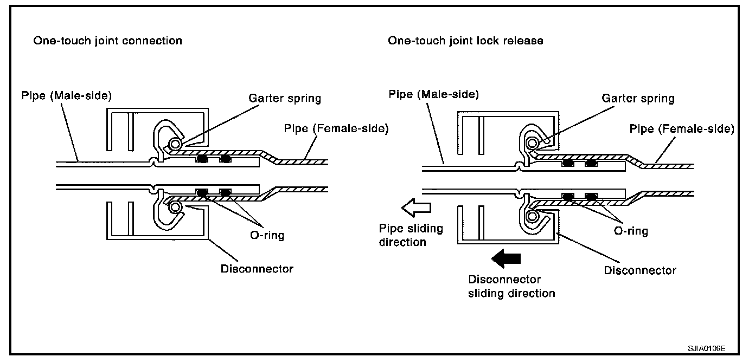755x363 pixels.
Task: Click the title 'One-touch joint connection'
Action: coord(107,41)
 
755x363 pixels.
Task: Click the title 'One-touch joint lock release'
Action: coord(465,41)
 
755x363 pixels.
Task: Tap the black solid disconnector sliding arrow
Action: coord(506,258)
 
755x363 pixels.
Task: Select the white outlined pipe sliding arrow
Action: coord(416,208)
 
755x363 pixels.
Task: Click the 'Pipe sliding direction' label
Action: coord(411,235)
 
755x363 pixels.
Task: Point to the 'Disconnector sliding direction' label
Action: coord(511,286)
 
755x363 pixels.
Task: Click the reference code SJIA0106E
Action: coord(707,348)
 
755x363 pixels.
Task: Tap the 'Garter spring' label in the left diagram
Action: coord(285,98)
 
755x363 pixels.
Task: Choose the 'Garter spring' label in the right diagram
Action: coord(638,98)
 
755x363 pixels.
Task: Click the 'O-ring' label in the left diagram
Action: coord(267,235)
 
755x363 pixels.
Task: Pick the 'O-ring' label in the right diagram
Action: coord(631,231)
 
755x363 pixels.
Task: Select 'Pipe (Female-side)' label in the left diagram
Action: coord(336,128)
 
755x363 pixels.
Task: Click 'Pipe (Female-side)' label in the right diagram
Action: coord(682,129)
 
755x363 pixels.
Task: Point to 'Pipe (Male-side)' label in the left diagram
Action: coord(66,96)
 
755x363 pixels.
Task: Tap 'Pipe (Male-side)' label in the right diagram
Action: coord(434,94)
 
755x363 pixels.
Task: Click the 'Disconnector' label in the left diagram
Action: coord(257,269)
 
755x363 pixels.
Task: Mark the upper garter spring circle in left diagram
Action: coord(175,144)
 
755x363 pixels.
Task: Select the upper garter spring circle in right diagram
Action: coord(532,144)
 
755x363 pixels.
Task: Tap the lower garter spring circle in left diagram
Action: coord(175,207)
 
